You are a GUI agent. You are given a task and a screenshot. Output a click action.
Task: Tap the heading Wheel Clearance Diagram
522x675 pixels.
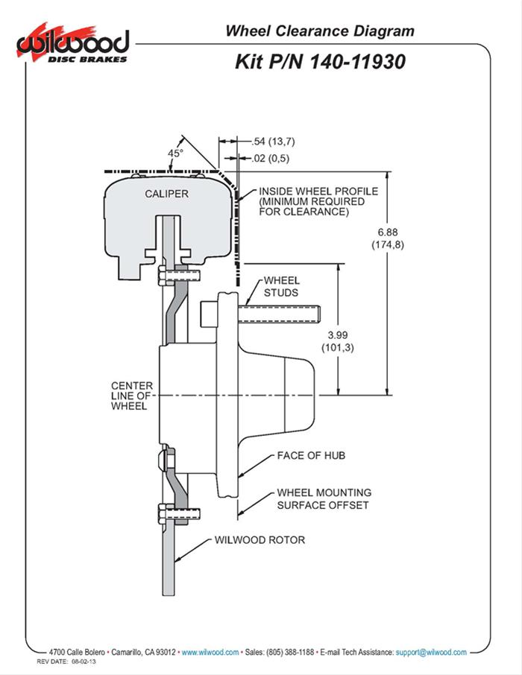[319, 31]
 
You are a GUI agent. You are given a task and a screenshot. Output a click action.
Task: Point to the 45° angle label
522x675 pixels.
[175, 153]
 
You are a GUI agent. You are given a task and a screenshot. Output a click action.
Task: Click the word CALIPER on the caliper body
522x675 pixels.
[166, 194]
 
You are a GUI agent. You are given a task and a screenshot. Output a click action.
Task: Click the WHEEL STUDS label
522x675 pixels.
[280, 287]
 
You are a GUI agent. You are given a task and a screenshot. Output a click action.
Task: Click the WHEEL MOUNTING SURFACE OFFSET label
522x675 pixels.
[324, 498]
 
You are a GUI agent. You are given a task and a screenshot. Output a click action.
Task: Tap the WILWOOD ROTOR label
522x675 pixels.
[260, 539]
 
